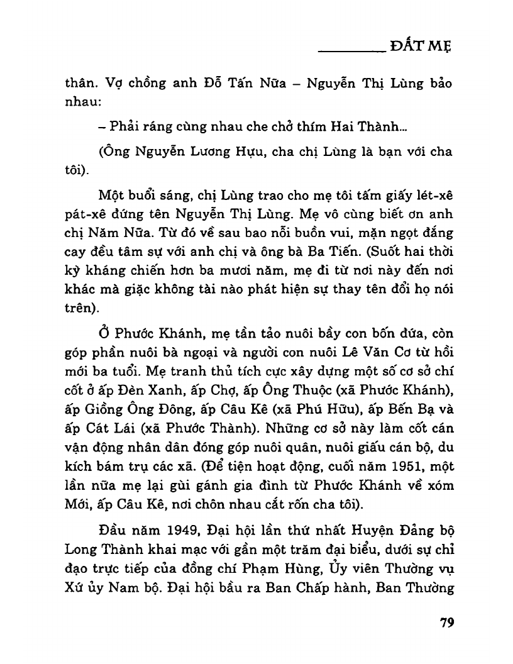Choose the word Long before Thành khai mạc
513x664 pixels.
coord(80,547)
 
